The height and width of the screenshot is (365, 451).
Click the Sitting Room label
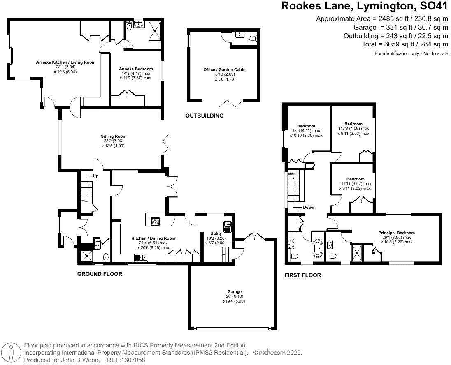coord(114,136)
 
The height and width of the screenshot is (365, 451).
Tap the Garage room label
coord(234,292)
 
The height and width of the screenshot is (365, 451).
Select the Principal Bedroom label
coord(396,233)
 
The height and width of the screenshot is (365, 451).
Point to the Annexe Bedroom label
coord(136,69)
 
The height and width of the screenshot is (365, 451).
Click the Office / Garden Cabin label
coord(224,69)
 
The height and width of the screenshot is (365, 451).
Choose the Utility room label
coord(216,233)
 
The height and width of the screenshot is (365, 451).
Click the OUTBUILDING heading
coord(204,116)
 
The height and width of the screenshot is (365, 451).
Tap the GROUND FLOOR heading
coord(100,274)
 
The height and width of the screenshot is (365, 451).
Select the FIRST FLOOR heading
coord(302,275)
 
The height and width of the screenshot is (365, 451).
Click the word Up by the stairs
coord(95,176)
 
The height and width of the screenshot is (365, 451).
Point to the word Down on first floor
coord(308,208)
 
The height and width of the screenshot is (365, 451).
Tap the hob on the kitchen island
coord(155,221)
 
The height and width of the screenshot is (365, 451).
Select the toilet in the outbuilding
coord(253,38)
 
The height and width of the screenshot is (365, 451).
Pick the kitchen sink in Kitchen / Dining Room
coord(141,258)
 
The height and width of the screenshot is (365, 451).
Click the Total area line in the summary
coord(405,44)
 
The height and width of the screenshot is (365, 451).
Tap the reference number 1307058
coord(133,360)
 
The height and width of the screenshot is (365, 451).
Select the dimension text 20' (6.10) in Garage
coord(234,296)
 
